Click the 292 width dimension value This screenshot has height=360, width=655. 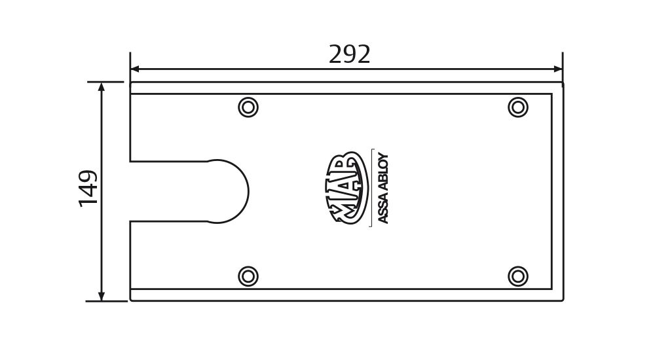tap(350, 55)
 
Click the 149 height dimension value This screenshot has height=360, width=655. tap(88, 189)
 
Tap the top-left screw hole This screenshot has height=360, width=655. tap(248, 107)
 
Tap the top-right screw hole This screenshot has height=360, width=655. tap(518, 107)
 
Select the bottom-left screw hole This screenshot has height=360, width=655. tap(248, 276)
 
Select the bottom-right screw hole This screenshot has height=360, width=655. tap(518, 276)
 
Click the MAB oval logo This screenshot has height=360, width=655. tap(345, 189)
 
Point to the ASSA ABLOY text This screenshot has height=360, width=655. tap(383, 189)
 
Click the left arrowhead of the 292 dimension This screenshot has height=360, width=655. tap(134, 69)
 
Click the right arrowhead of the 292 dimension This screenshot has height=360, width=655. tap(559, 69)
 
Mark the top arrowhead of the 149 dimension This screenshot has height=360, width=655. tap(101, 86)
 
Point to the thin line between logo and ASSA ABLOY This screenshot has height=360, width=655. tap(371, 189)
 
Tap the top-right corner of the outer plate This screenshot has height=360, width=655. tap(563, 82)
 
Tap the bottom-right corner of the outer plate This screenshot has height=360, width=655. tap(563, 300)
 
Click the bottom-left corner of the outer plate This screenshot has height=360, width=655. tap(131, 300)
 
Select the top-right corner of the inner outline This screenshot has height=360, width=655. tap(552, 94)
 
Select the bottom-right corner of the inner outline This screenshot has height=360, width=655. tap(552, 289)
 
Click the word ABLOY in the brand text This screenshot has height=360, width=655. tap(383, 171)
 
